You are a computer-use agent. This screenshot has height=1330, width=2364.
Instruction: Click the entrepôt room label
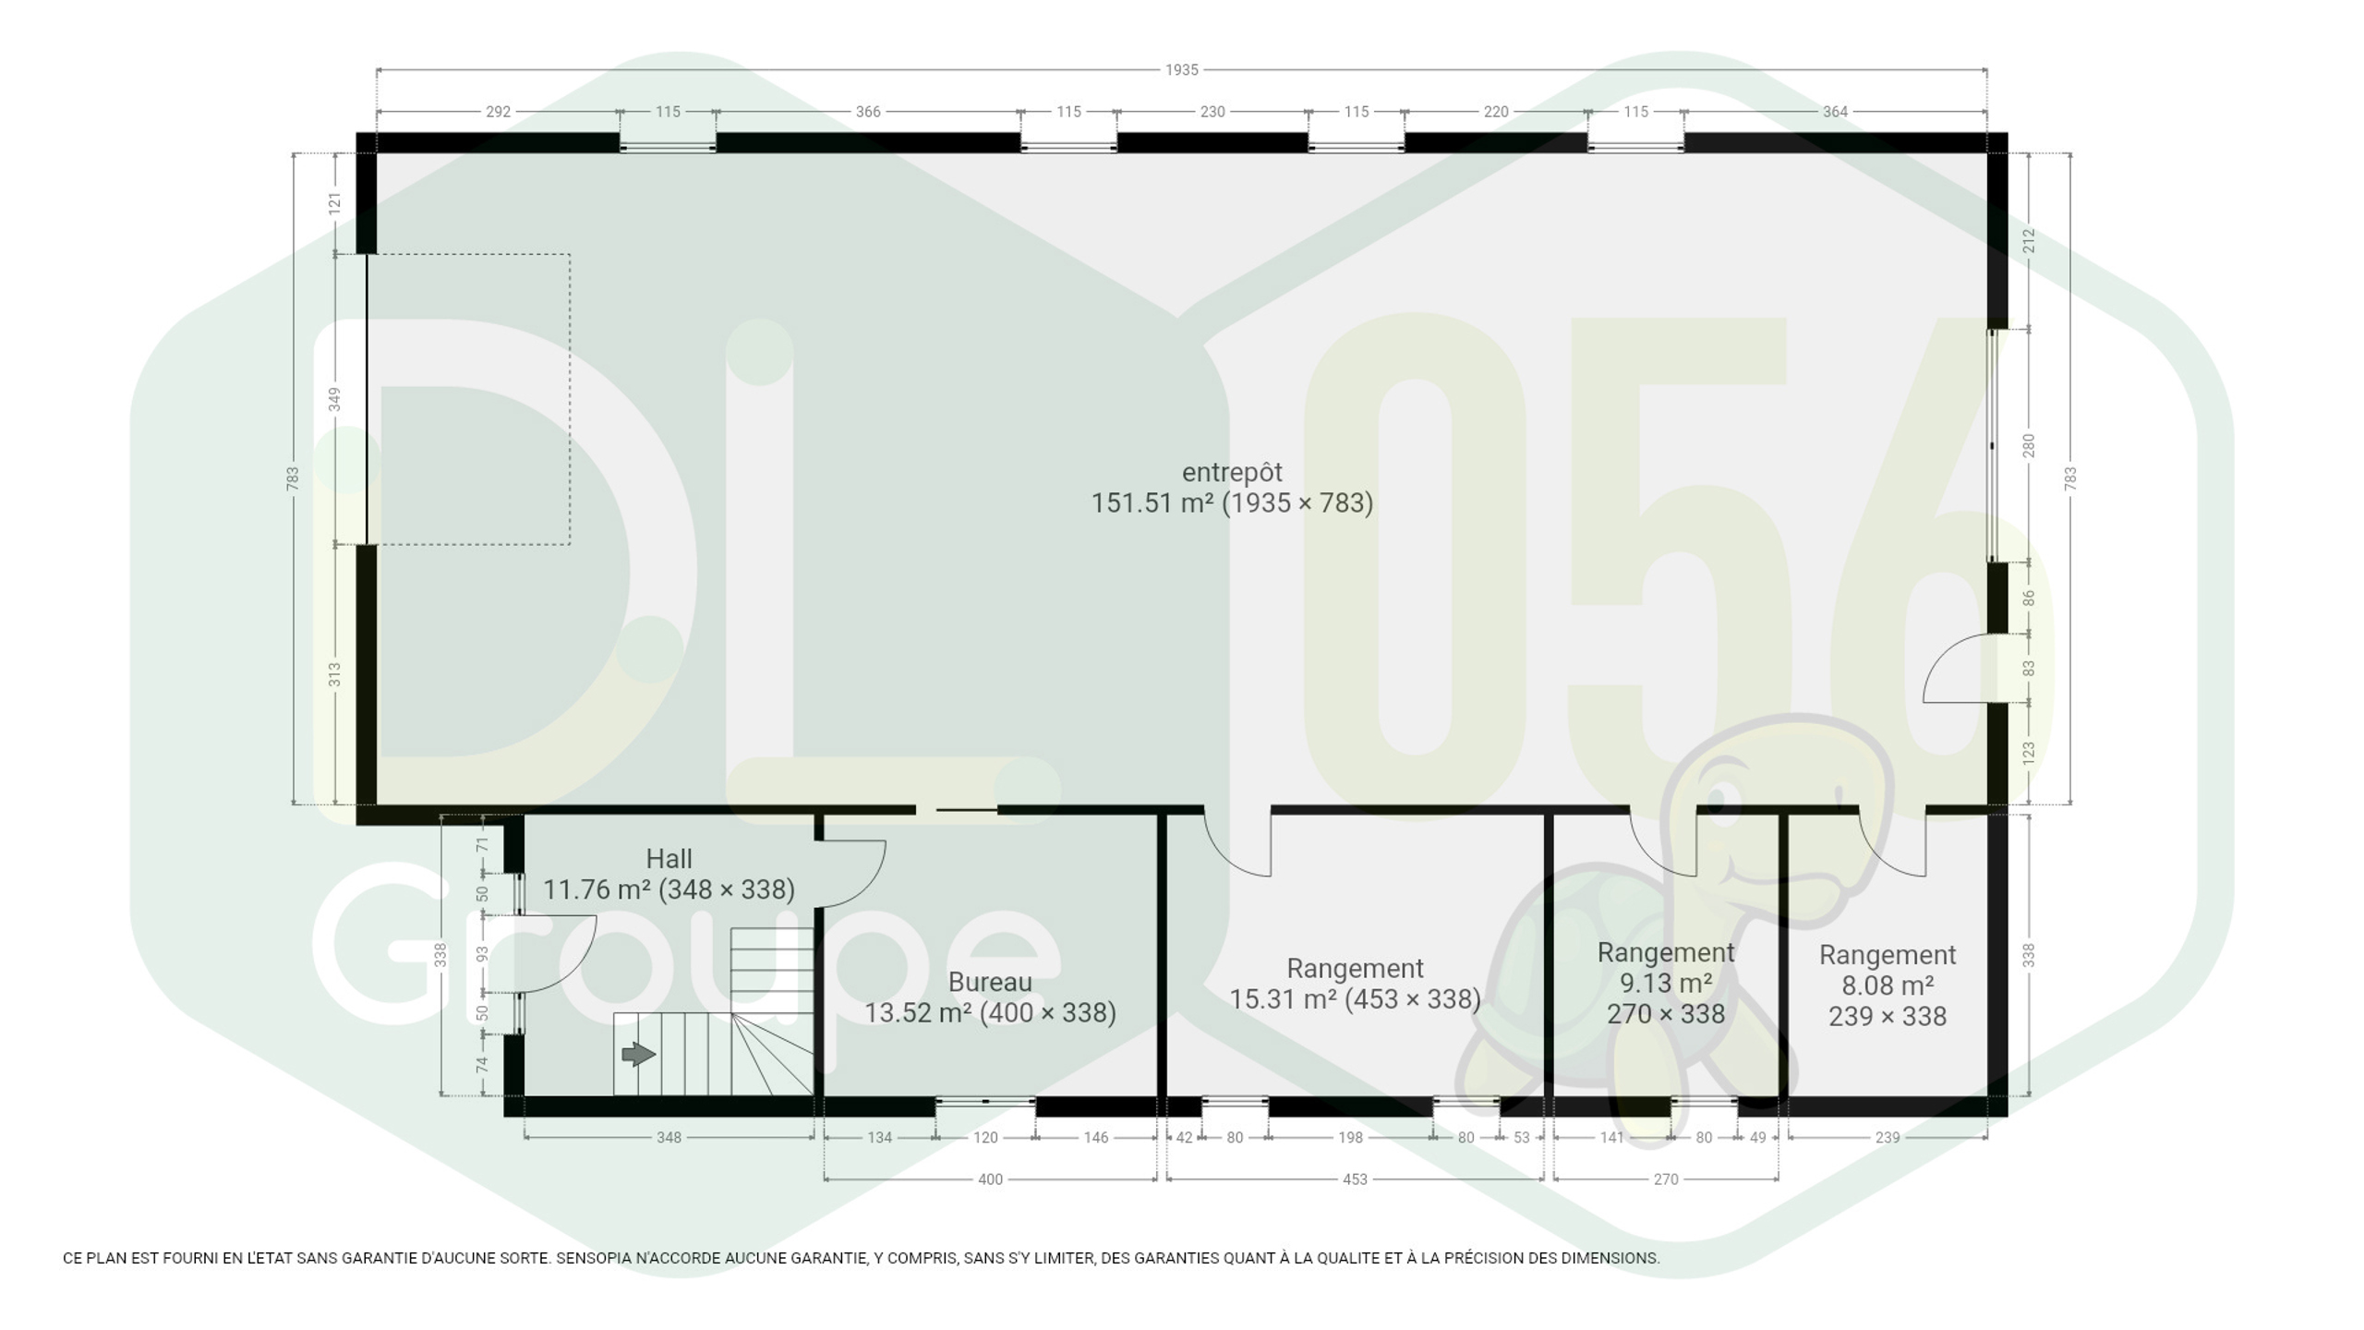coord(1232,473)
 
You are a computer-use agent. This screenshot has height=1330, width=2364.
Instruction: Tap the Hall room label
coord(669,859)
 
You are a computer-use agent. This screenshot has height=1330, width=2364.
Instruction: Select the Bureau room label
coord(990,982)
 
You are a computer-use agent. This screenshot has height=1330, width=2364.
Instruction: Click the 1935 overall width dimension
coord(1181,69)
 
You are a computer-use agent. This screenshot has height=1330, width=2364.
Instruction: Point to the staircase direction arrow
coord(639,1054)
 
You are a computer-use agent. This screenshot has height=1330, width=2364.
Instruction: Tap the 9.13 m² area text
coord(1666,983)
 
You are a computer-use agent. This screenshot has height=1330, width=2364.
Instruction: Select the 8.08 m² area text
coord(1888,985)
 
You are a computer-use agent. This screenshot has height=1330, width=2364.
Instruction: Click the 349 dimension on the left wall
coord(334,399)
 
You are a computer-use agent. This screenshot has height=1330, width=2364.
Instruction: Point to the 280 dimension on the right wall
coord(2029,445)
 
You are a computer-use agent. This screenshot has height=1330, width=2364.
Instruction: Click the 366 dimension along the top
coord(868,112)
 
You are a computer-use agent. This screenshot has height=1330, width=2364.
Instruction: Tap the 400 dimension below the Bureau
coord(990,1179)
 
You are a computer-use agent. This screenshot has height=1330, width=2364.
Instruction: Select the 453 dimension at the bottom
coord(1355,1179)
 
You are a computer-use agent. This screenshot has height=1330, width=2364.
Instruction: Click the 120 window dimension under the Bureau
coord(985,1138)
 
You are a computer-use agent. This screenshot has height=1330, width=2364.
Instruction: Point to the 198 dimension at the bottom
coord(1350,1138)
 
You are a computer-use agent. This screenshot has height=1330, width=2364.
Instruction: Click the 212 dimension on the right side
coord(2029,241)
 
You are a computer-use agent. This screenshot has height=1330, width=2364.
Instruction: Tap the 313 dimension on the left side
coord(334,674)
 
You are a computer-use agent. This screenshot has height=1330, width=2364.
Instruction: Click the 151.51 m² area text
coord(1152,503)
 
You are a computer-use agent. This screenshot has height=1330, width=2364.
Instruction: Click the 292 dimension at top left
coord(498,112)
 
